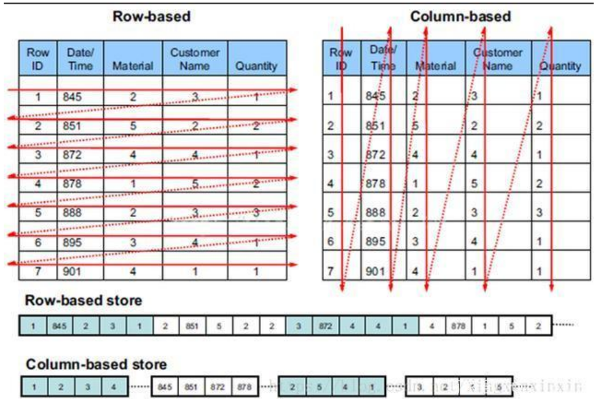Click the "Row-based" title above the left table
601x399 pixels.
click(x=151, y=17)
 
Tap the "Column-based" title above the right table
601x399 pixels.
click(x=460, y=17)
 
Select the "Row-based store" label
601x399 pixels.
click(x=83, y=301)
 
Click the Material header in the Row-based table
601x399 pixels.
click(x=133, y=66)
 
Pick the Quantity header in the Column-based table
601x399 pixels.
click(x=560, y=66)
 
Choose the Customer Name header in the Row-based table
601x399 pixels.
click(x=194, y=59)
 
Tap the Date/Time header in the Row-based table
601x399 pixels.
click(x=80, y=59)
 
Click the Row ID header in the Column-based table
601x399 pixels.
click(x=341, y=59)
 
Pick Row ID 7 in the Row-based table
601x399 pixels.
click(x=37, y=271)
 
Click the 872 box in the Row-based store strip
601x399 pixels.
click(x=325, y=326)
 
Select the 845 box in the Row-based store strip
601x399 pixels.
click(x=59, y=326)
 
